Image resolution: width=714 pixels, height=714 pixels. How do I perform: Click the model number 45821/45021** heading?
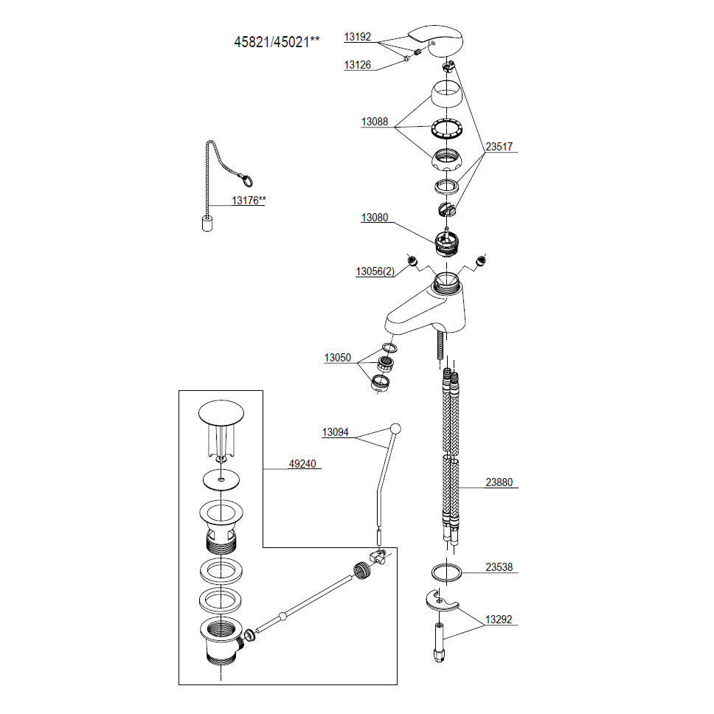(277, 42)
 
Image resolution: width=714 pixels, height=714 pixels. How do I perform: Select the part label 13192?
(358, 36)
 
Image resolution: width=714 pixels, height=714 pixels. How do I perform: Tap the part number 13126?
(358, 65)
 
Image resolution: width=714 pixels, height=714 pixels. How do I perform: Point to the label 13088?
(375, 122)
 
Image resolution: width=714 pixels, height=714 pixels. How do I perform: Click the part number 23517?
(498, 147)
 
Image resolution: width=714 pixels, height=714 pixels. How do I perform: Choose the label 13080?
(375, 218)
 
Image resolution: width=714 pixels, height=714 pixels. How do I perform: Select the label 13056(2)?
(375, 271)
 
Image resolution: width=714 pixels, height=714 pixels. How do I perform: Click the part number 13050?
(339, 358)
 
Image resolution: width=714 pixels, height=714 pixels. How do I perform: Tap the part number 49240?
(301, 464)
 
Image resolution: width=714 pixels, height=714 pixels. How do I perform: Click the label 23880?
(499, 484)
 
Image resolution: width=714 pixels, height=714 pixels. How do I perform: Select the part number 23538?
(499, 568)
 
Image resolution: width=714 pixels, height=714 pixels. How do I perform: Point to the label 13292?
(499, 620)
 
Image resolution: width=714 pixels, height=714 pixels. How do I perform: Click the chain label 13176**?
(248, 199)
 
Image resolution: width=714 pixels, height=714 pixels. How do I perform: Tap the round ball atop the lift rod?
(395, 428)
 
